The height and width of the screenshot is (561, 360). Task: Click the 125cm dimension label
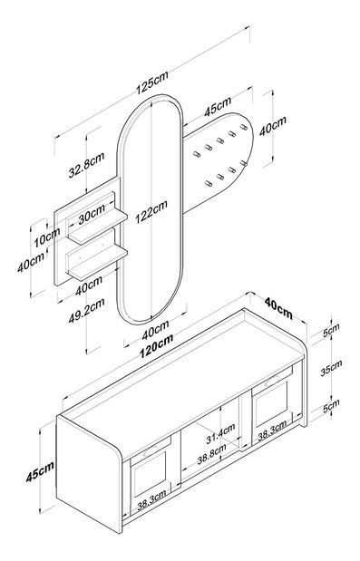[151, 82]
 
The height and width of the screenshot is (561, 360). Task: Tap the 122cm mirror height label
[151, 211]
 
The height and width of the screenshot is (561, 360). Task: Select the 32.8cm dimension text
[86, 164]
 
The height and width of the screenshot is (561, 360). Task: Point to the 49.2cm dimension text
[86, 310]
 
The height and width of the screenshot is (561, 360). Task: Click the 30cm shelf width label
[92, 214]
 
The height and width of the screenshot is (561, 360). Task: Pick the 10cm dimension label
[47, 237]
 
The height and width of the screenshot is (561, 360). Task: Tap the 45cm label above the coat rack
[218, 106]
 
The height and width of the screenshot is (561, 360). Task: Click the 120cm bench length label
[156, 344]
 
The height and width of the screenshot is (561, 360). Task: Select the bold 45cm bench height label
[40, 471]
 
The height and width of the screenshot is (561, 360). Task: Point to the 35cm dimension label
[331, 367]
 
